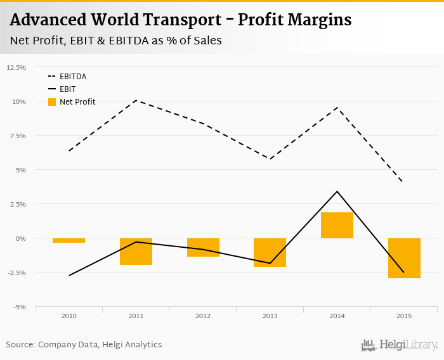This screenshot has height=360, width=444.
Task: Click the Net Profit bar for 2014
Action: tap(337, 226)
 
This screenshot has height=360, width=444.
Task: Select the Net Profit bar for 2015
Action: tap(404, 258)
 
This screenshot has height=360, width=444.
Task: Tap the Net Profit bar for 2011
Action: tap(136, 251)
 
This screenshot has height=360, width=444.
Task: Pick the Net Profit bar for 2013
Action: tap(270, 252)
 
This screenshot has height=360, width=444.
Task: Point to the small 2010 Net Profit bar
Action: tap(69, 240)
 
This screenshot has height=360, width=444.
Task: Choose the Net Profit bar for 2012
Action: tap(203, 247)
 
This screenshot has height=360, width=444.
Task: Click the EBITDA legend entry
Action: tap(73, 77)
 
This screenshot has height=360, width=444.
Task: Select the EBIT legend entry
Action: tap(67, 89)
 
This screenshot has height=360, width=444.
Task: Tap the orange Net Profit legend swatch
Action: tap(52, 102)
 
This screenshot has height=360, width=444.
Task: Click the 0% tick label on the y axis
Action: tap(20, 238)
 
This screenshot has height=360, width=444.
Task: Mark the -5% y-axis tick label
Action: tap(19, 307)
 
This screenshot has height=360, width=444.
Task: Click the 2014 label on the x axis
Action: tap(337, 316)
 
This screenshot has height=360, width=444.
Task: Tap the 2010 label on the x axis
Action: tap(69, 316)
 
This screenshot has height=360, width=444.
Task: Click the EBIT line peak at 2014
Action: tap(337, 191)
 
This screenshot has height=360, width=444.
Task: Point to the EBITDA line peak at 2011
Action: tap(136, 100)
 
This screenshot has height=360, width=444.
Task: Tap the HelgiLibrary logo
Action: tap(400, 345)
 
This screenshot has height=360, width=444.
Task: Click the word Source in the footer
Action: tap(20, 345)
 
